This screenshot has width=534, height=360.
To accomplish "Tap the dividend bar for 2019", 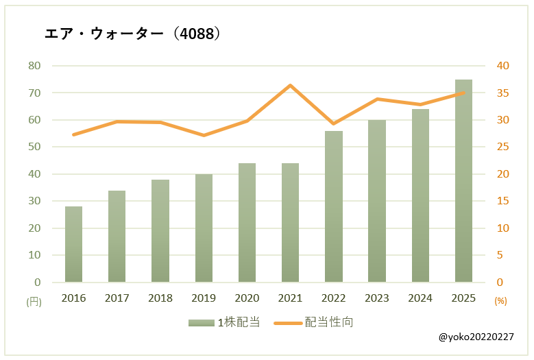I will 204,228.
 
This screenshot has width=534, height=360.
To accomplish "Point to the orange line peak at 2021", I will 290,86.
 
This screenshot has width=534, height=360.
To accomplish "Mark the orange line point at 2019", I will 204,135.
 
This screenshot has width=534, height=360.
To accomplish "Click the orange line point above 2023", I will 377,99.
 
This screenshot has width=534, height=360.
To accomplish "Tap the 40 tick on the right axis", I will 503,66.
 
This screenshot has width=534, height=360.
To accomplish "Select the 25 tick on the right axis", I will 503,147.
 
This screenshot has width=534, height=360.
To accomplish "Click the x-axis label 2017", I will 117,298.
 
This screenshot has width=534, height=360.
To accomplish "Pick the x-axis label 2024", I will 420,298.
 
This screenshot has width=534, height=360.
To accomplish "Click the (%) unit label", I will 500,301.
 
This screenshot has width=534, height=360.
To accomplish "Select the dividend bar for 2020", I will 247,222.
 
